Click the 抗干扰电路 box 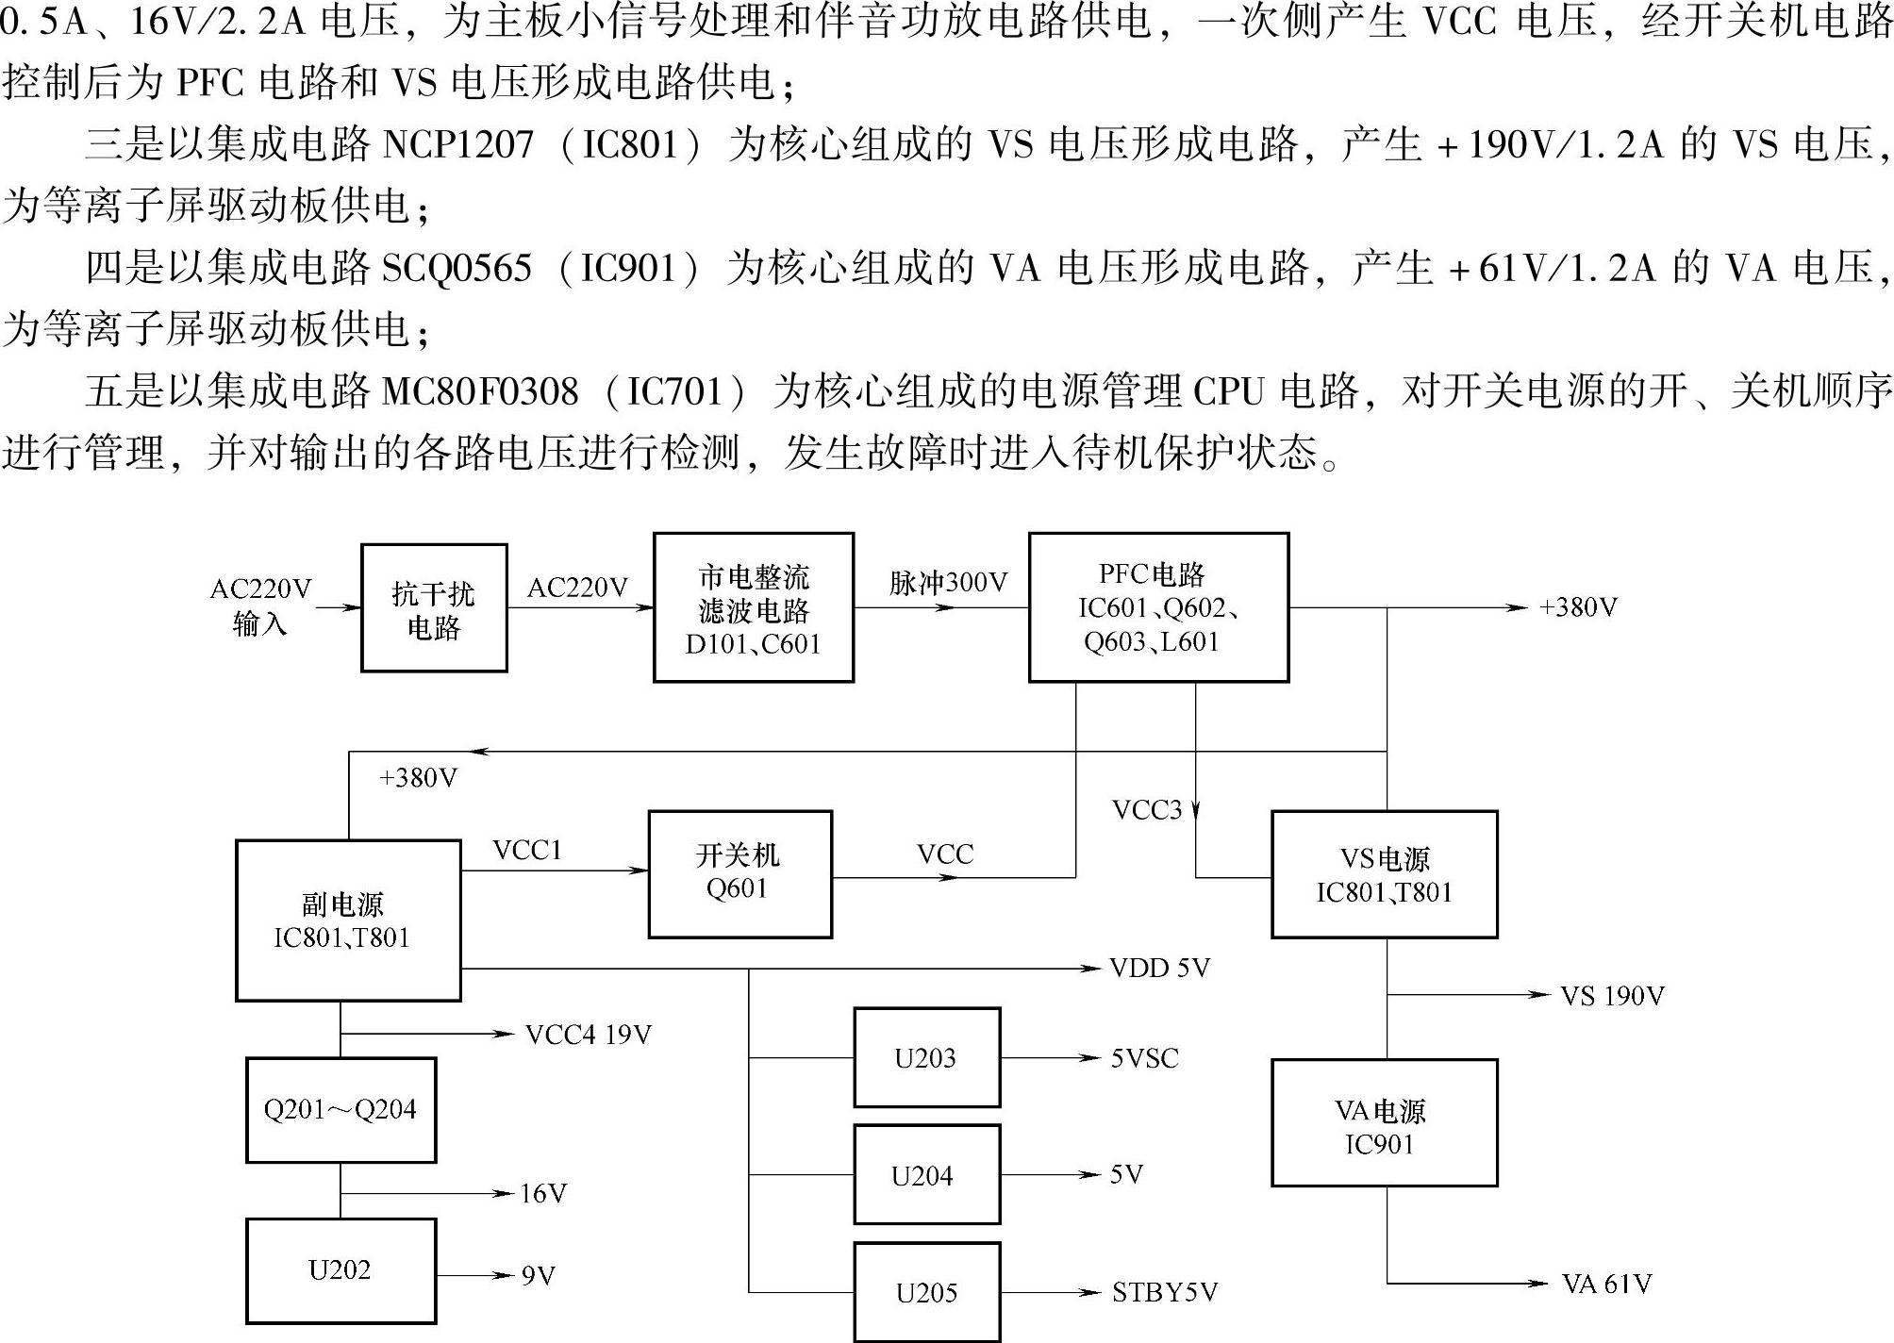click(434, 608)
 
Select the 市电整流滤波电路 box click(754, 608)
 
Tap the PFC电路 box click(1158, 607)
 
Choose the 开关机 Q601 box click(740, 873)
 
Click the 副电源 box click(348, 920)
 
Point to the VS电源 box click(1384, 874)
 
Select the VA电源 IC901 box click(1384, 1122)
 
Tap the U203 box click(926, 1057)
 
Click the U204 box click(926, 1174)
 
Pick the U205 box click(926, 1291)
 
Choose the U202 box click(341, 1270)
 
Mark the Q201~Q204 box click(341, 1109)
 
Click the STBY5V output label click(1165, 1292)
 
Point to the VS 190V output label click(1612, 996)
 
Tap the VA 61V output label click(1606, 1284)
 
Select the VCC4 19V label click(589, 1036)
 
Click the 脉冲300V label click(948, 583)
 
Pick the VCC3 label click(1146, 810)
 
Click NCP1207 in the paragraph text click(457, 144)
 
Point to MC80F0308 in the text click(480, 391)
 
